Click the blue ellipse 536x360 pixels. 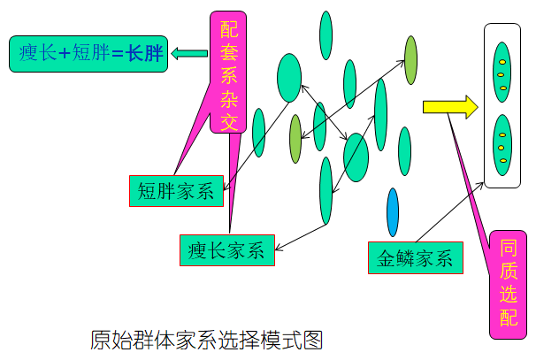pos(393,212)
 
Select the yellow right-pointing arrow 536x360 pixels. pos(449,108)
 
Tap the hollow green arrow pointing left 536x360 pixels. pos(186,54)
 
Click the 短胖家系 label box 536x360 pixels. pos(176,190)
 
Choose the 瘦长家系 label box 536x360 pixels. pos(226,250)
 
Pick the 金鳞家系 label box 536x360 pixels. pos(415,258)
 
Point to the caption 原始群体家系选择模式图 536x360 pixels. pos(206,340)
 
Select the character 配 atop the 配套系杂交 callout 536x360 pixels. pos(229,29)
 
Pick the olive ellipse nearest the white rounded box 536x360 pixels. pos(410,59)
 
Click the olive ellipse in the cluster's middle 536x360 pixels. pos(295,139)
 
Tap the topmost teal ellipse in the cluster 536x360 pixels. pos(325,36)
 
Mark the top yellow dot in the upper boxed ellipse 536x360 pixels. pos(502,62)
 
